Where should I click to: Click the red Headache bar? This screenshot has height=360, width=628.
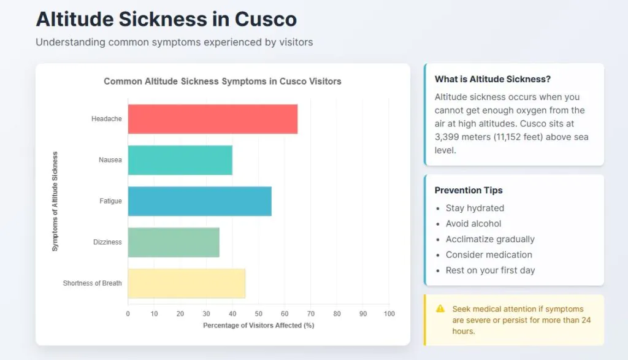[x=212, y=119]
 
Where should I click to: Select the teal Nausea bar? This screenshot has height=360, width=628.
[x=180, y=160]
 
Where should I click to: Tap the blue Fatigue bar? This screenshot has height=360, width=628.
[x=199, y=201]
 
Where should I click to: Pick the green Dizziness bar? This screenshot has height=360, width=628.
[x=174, y=242]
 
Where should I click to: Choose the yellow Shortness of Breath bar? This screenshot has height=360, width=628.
[x=186, y=283]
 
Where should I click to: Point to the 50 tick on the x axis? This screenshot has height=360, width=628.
[x=259, y=314]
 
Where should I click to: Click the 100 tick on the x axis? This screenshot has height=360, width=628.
[x=389, y=314]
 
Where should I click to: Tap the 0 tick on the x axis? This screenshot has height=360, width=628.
[x=128, y=314]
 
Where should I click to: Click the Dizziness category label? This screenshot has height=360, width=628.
[x=107, y=242]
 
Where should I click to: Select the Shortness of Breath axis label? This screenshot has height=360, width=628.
[x=93, y=283]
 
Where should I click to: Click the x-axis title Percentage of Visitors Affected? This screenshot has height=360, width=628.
[x=259, y=326]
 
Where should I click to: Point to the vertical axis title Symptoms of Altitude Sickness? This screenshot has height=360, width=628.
[x=55, y=201]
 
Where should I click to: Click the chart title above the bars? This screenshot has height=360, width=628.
[x=223, y=81]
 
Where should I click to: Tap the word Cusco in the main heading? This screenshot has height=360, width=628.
[x=266, y=20]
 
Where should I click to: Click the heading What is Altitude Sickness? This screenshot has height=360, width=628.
[x=492, y=79]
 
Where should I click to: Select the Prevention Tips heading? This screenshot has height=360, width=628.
[x=469, y=190]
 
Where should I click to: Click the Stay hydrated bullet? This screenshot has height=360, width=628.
[x=475, y=209]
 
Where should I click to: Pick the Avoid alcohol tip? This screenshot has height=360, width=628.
[x=473, y=224]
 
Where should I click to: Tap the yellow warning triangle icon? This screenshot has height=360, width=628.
[x=440, y=308]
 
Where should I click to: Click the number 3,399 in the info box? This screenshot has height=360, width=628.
[x=450, y=137]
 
